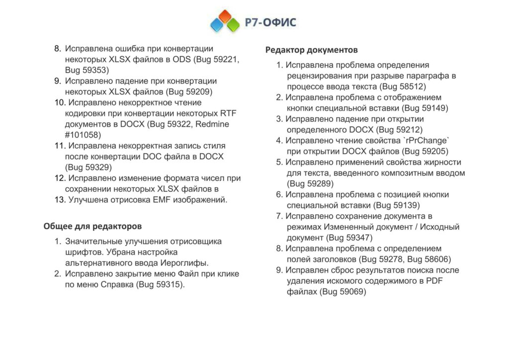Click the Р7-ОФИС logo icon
(225, 21)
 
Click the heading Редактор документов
(311, 50)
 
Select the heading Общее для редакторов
(92, 226)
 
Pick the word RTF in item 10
(228, 113)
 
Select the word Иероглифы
(184, 263)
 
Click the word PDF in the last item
(434, 281)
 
